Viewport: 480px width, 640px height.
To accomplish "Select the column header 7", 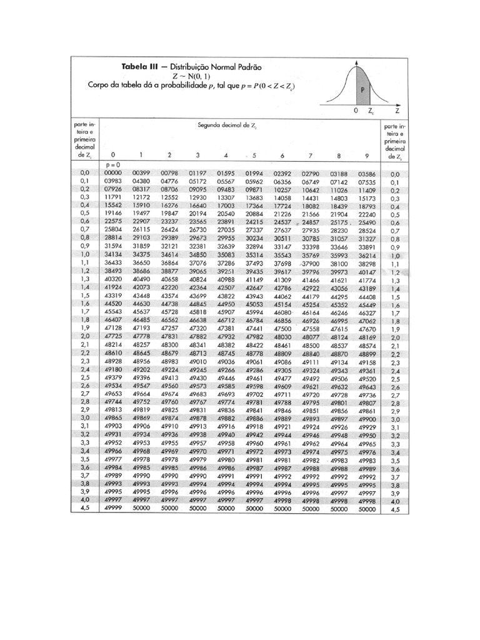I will pos(311,154).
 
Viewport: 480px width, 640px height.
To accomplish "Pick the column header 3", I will pos(197,154).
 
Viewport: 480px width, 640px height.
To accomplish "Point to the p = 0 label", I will pos(114,164).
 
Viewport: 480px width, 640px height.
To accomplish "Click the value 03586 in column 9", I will pos(367,173).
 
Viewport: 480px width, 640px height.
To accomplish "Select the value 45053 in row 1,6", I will pos(254,304).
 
